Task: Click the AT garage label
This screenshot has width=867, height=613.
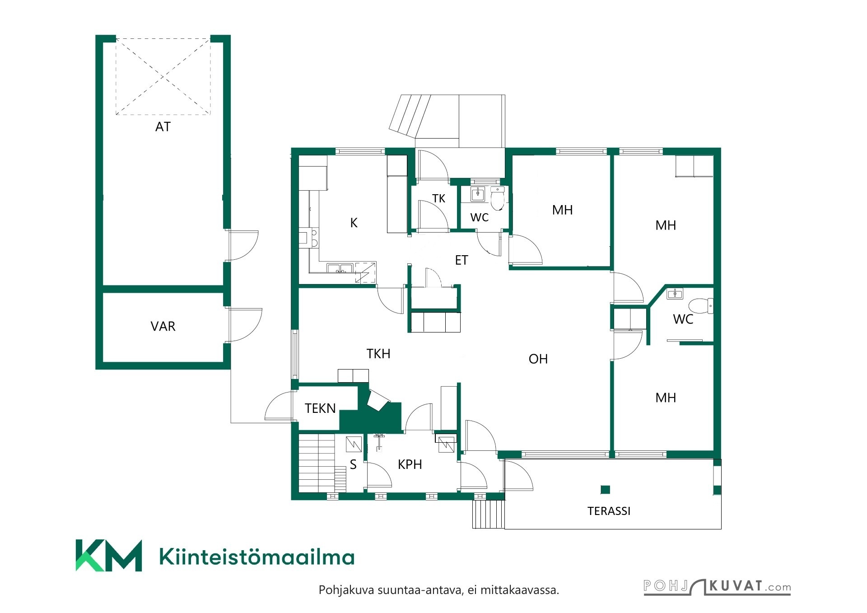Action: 163,127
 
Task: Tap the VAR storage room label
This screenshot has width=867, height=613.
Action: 163,326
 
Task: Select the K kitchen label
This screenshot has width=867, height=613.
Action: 354,223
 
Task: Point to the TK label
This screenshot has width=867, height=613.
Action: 438,198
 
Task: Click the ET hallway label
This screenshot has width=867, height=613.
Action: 461,260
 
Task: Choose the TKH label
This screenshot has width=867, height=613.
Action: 378,354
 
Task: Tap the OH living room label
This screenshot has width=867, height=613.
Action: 538,359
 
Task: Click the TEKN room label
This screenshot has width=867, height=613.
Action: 320,408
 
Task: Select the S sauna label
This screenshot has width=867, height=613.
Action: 353,464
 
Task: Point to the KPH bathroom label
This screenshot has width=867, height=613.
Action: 410,464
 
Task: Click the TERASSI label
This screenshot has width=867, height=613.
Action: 609,511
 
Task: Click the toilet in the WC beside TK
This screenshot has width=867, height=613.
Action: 497,198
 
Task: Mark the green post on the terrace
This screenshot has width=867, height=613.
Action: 605,489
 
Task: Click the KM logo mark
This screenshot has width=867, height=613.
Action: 108,555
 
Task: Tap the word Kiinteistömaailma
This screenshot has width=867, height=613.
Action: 257,557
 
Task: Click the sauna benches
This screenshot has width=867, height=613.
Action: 322,463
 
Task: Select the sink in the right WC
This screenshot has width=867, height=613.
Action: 675,294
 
